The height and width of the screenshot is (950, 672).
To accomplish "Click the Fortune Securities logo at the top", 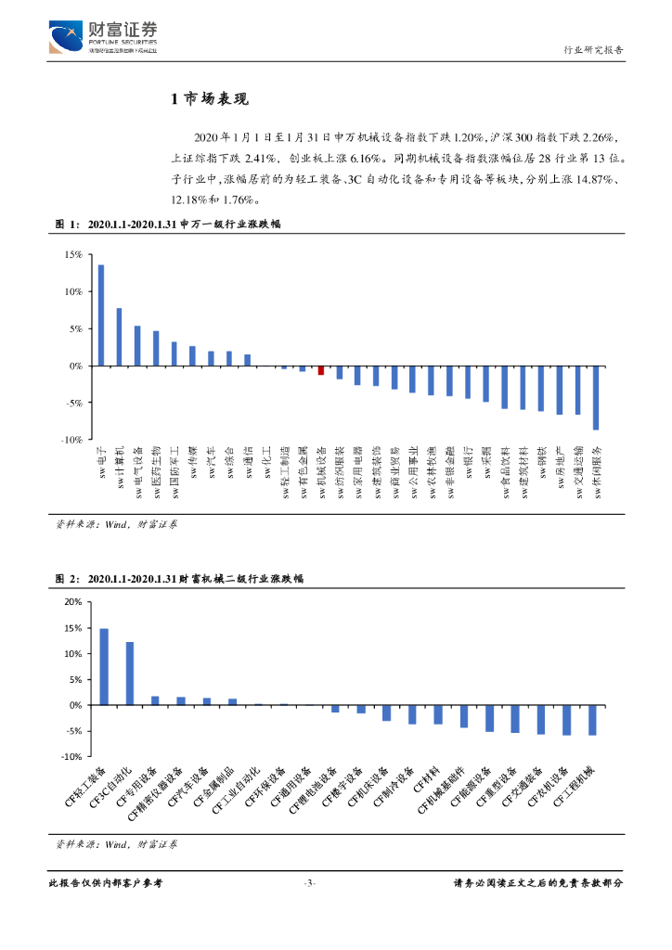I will [102, 40].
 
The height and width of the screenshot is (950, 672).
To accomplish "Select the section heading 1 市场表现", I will [210, 100].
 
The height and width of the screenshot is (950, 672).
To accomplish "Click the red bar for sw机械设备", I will [320, 370].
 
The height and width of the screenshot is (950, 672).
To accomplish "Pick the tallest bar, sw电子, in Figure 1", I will [101, 315].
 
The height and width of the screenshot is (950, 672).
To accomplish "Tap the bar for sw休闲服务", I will [596, 398].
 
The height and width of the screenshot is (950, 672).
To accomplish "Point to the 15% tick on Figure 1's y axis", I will [71, 254].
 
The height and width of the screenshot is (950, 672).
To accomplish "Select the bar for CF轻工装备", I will [104, 667].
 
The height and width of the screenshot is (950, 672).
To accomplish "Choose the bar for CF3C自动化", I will [130, 674].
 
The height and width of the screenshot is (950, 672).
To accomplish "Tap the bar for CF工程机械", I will [592, 720].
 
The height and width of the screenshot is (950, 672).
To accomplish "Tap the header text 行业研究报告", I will [594, 50].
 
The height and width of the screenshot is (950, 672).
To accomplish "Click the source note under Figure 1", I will [116, 524].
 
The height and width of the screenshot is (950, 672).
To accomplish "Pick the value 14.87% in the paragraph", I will [580, 179].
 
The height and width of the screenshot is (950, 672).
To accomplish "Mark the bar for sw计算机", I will [120, 337].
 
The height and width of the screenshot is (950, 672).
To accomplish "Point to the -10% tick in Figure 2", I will [71, 756].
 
